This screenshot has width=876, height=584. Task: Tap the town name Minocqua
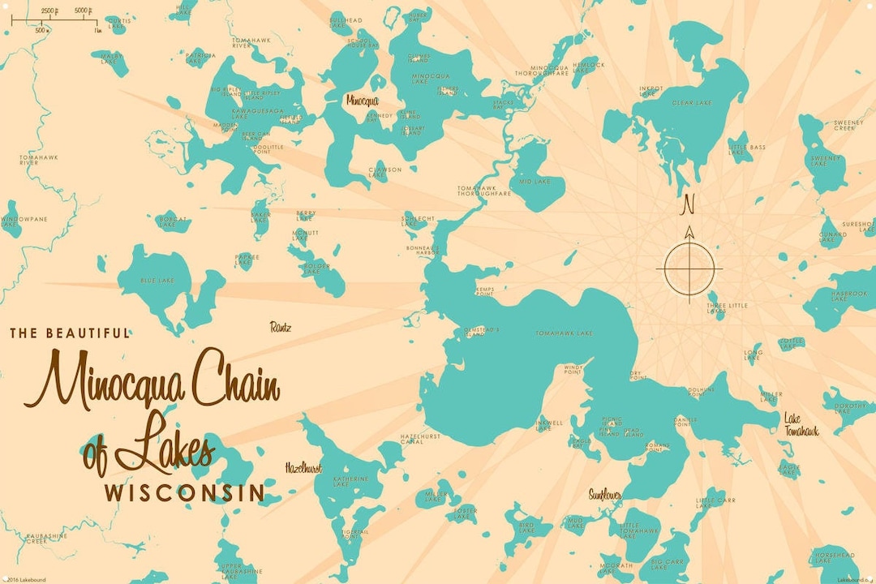point(362,101)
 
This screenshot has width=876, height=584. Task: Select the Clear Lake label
point(693,103)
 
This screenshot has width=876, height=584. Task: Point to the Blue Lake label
point(157,281)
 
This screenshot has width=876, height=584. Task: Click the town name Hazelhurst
point(303,468)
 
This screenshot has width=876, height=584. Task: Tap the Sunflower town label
point(605,494)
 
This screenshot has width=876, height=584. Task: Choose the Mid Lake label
point(535,182)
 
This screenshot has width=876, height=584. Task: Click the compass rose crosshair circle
point(689,268)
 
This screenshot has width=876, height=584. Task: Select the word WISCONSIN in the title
point(185,492)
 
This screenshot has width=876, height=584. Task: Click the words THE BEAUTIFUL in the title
point(70,333)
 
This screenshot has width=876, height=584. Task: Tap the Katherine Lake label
point(351,482)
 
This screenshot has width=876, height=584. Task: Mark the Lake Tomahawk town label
point(801,425)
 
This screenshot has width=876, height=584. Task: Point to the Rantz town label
point(280,327)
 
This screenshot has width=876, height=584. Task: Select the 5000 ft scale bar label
point(82,11)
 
